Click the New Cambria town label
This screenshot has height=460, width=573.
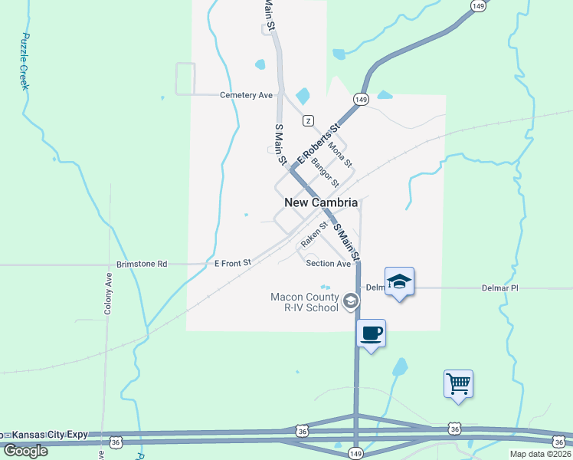tap(321, 203)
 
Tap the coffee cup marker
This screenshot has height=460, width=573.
tap(371, 333)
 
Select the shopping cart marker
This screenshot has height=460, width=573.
tap(458, 383)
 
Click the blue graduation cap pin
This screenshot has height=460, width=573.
tap(399, 281)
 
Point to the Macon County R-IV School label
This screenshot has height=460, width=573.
tap(304, 302)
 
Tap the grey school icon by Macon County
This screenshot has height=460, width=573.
tap(350, 301)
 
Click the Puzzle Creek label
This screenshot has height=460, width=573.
tap(25, 61)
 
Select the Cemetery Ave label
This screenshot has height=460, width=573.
tap(246, 95)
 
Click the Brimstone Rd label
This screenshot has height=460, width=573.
tap(141, 264)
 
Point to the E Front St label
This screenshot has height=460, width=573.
tap(233, 263)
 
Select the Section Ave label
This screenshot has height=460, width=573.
tap(328, 263)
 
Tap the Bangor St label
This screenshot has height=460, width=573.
tap(326, 173)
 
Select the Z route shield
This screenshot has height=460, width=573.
tap(308, 120)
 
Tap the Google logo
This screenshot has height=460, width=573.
tap(25, 450)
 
